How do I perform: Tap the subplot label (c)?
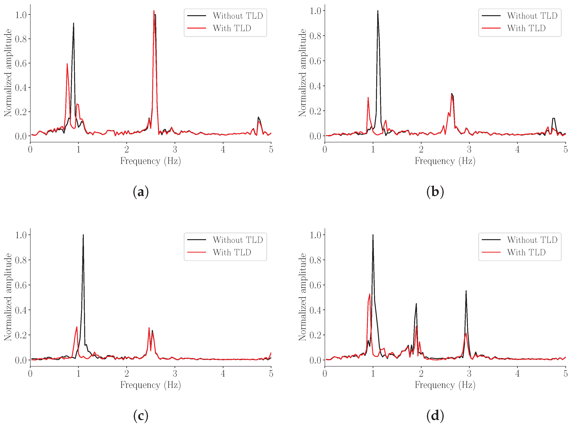pos(141,416)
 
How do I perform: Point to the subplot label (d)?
pos(435,416)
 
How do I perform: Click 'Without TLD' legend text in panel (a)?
pos(238,16)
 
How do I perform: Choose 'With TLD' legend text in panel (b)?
pos(526,28)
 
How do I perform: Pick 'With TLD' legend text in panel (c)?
pos(232,252)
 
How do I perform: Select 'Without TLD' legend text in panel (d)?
pos(532,240)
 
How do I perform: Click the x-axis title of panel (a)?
pos(150,161)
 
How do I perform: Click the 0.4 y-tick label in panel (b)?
pos(315,86)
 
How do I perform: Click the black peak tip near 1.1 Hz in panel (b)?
pos(378,11)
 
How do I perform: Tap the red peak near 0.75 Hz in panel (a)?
pos(67,64)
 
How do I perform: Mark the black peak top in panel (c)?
pos(83,235)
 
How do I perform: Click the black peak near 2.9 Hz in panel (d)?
pos(466,291)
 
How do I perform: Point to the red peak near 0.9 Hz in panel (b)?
pos(368,97)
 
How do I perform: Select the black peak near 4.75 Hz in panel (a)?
pos(258,117)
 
